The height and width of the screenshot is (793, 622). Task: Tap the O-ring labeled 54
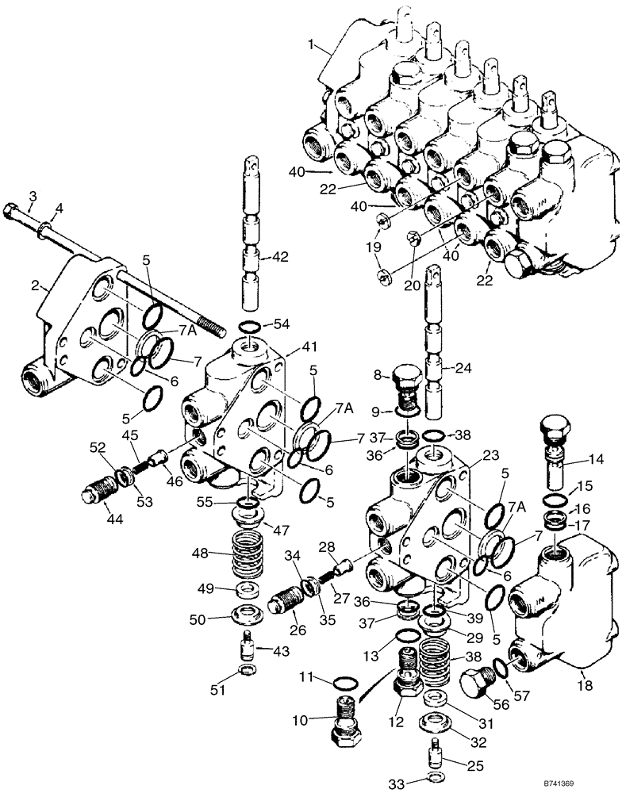click(x=248, y=326)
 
